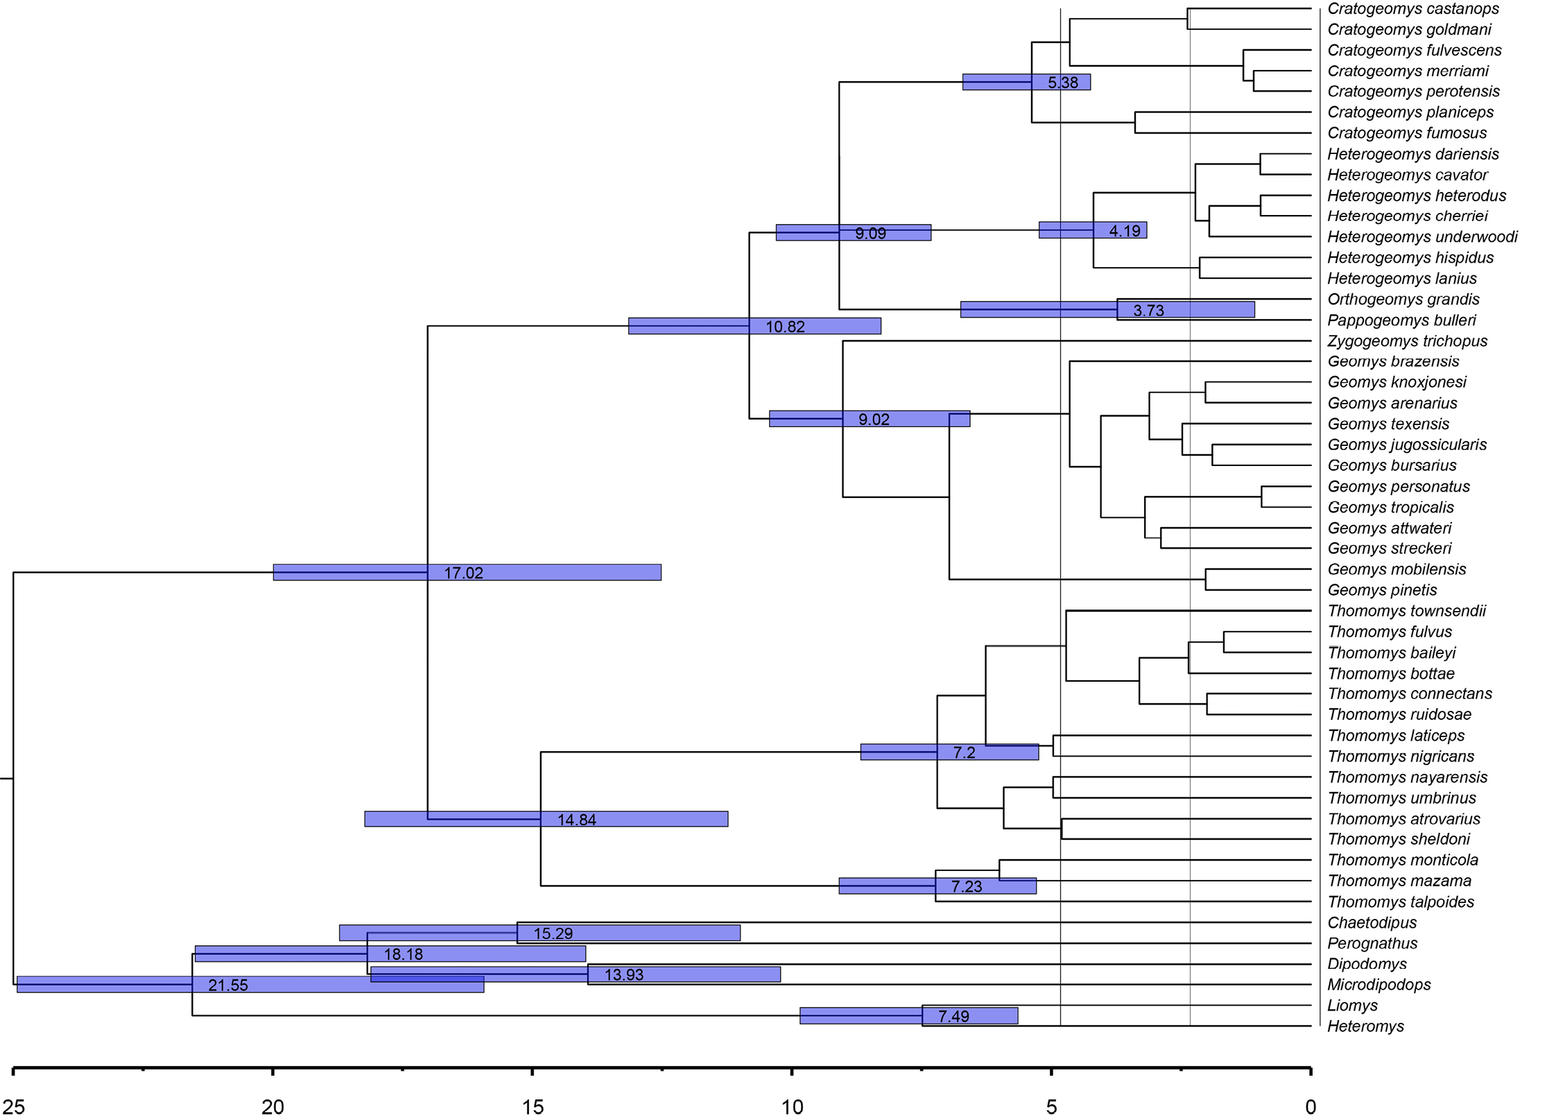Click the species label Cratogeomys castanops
(1413, 9)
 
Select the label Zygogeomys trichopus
(1407, 341)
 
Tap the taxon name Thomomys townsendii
(1406, 611)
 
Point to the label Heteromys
(1365, 1026)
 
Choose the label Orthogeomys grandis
(1403, 300)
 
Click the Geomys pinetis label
(1382, 590)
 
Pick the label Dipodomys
(1367, 964)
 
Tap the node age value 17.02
(463, 573)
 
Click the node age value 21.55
(227, 985)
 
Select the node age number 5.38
(1063, 83)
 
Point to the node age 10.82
(785, 327)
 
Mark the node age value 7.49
(953, 1016)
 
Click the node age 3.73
(1148, 311)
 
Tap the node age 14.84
(576, 820)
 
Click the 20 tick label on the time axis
(273, 1107)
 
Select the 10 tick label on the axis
(792, 1107)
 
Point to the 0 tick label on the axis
(1311, 1107)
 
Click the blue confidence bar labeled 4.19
(1093, 230)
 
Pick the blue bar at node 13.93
(576, 974)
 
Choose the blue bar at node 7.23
(937, 886)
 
